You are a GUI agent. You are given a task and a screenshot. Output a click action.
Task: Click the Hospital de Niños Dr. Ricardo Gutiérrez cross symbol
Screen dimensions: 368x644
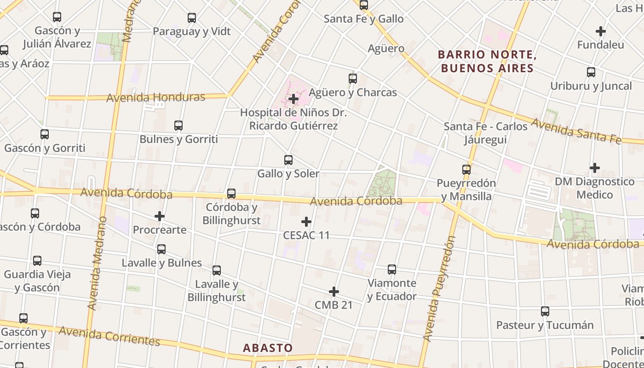(293, 99)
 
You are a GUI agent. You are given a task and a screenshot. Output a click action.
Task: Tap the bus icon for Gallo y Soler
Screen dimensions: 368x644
(288, 160)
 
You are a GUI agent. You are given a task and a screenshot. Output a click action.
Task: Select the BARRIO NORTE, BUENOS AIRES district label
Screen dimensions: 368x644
(487, 62)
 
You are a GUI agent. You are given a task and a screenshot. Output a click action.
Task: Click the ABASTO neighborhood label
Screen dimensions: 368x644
(268, 348)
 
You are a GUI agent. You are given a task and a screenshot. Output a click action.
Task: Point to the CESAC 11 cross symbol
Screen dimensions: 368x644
(306, 222)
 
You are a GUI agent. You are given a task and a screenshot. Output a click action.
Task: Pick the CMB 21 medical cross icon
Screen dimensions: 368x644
(334, 292)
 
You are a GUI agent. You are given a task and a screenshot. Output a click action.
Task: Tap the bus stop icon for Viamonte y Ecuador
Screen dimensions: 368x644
(392, 270)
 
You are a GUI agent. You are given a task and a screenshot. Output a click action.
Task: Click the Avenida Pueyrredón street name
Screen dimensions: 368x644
(439, 289)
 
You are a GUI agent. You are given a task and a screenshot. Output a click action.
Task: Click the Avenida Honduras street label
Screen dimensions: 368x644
(156, 98)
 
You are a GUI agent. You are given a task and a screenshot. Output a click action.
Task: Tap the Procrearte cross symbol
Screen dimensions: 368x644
(160, 216)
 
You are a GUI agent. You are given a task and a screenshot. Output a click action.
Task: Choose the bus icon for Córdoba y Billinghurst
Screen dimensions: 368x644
(231, 194)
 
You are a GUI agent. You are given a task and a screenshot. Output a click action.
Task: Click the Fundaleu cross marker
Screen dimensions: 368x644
(601, 31)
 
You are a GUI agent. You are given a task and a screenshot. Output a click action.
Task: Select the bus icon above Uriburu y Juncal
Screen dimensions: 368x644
(591, 72)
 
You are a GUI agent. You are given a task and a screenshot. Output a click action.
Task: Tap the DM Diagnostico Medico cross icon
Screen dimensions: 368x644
(595, 168)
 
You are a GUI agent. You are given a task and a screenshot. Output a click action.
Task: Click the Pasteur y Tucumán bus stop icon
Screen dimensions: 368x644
(545, 311)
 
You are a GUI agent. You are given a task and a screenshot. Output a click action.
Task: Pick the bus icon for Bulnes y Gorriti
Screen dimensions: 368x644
(178, 125)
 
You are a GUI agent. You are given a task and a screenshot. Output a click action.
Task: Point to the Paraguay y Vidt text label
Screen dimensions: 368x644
(192, 31)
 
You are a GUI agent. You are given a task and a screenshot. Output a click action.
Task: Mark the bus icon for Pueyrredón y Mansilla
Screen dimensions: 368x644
(466, 170)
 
